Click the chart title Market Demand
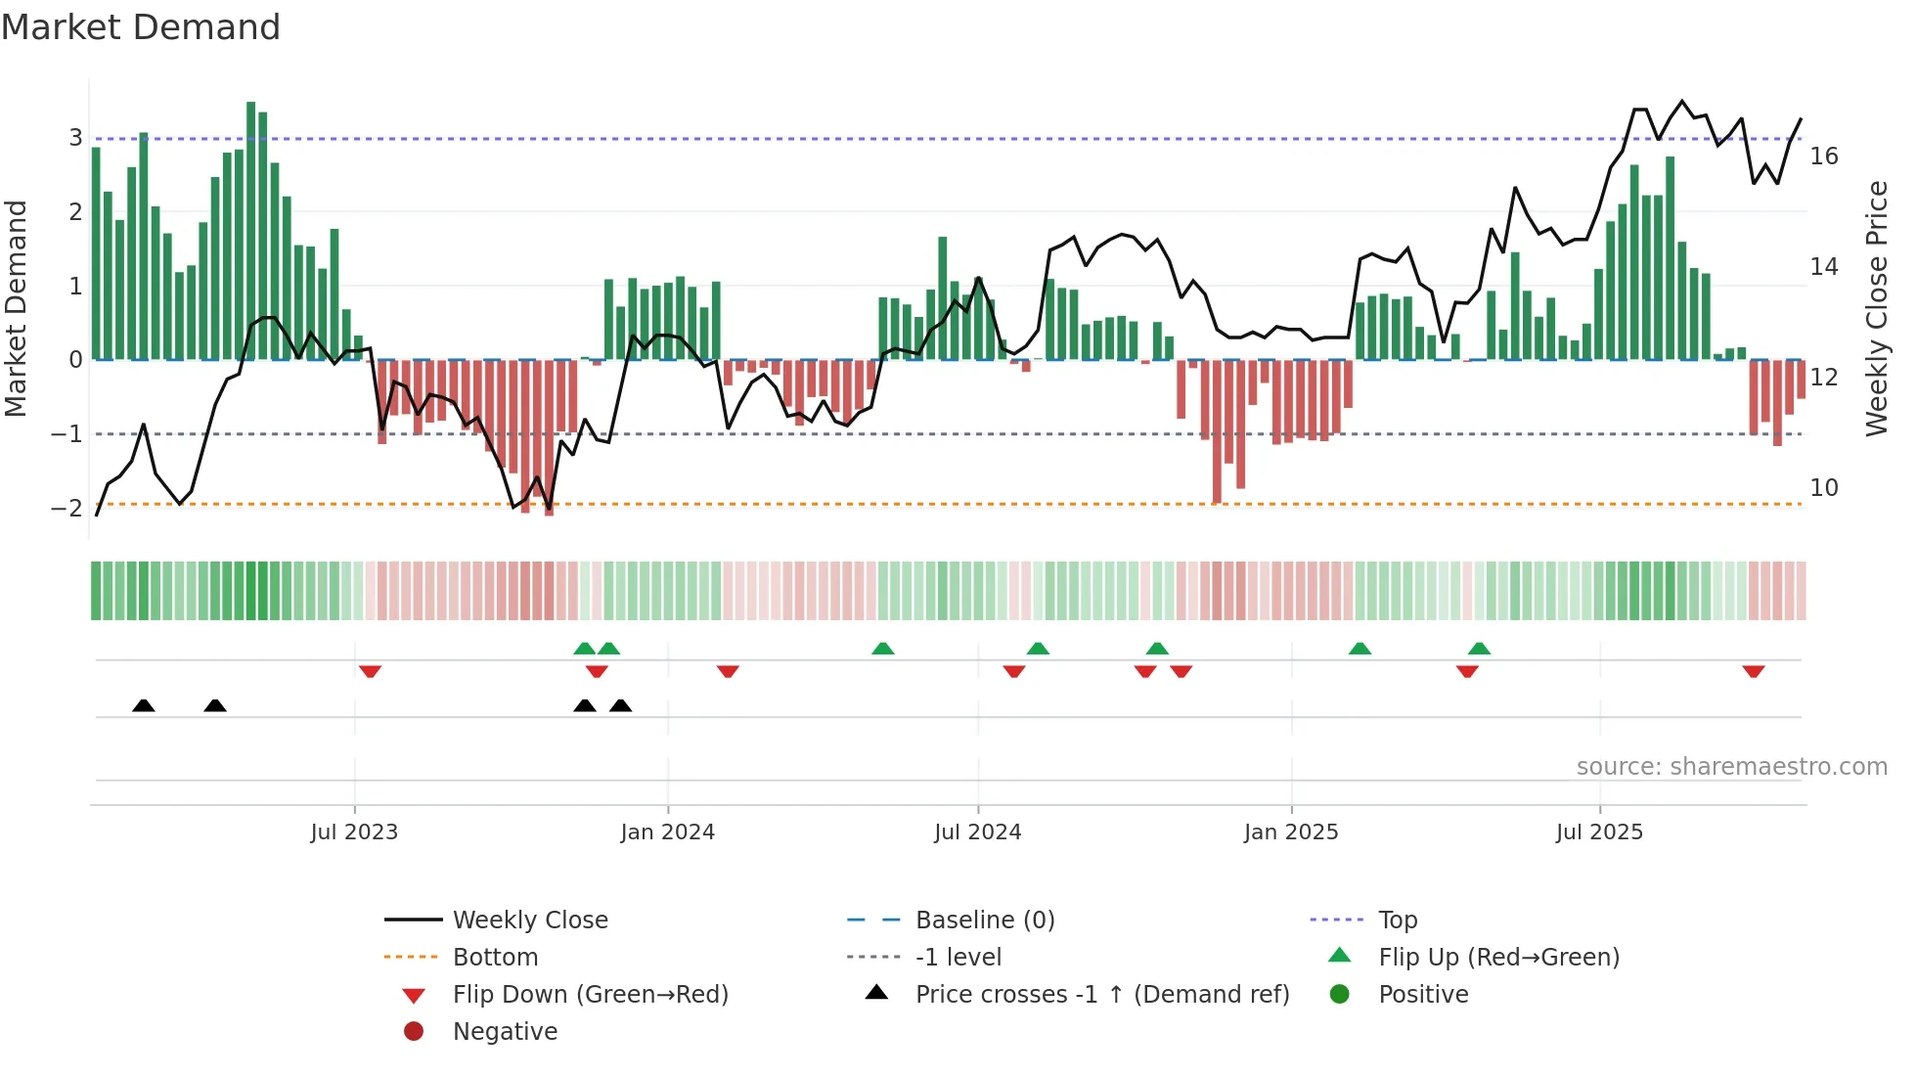click(x=141, y=27)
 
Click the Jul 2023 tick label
click(x=354, y=832)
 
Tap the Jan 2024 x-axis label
click(x=667, y=832)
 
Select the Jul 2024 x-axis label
click(x=977, y=832)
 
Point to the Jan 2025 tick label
click(x=1291, y=832)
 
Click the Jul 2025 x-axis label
click(x=1599, y=832)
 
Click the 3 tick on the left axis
click(x=75, y=138)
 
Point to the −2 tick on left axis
click(x=67, y=508)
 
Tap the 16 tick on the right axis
click(x=1823, y=157)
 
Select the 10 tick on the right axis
click(x=1823, y=487)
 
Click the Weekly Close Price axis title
click(x=1876, y=308)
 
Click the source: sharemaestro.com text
click(x=1731, y=767)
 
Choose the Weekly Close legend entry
click(x=529, y=921)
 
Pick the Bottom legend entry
click(x=495, y=958)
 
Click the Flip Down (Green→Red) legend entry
click(x=590, y=995)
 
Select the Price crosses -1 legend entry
click(x=1101, y=995)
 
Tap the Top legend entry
click(x=1398, y=921)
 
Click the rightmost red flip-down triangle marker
click(x=1753, y=671)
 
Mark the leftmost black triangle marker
click(x=144, y=705)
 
